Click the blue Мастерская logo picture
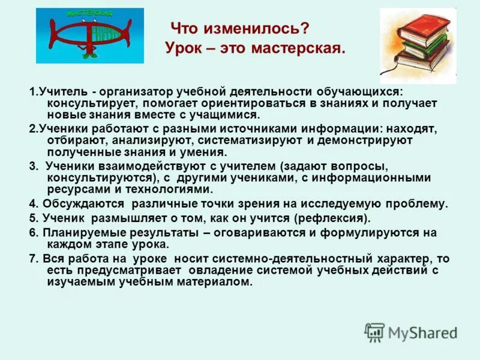(90, 35)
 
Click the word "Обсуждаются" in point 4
(83, 203)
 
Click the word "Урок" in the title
(182, 49)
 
